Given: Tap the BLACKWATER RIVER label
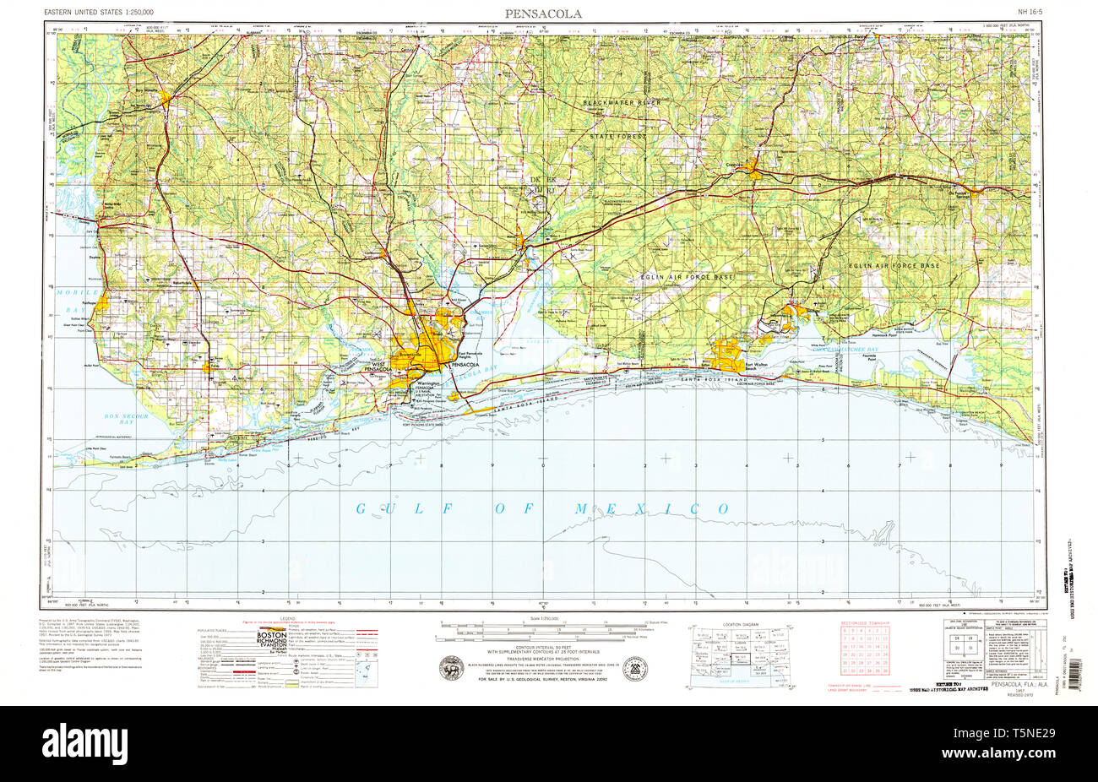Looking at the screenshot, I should (x=622, y=102).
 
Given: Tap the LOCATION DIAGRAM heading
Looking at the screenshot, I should (x=740, y=626).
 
